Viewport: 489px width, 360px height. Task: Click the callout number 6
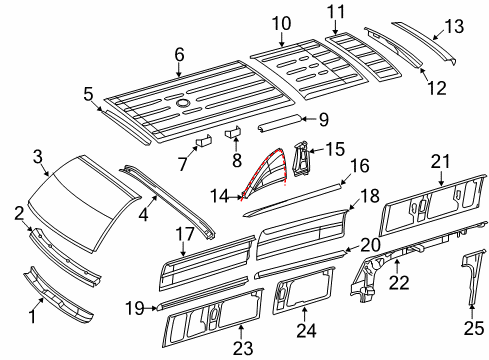179,54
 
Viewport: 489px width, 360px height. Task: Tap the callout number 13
454,26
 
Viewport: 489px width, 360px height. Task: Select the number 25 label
474,328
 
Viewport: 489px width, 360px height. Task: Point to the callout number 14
219,196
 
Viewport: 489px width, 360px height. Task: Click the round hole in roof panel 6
182,104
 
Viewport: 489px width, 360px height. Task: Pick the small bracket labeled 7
203,141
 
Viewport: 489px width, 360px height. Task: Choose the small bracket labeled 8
234,132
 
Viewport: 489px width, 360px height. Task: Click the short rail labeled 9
279,124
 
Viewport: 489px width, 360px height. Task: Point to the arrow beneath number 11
335,26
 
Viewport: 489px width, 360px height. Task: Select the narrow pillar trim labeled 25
472,277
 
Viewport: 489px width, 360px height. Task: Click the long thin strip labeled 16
293,199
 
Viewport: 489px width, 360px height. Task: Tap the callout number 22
399,283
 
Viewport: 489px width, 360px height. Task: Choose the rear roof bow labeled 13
424,43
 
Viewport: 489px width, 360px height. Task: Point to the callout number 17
185,234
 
